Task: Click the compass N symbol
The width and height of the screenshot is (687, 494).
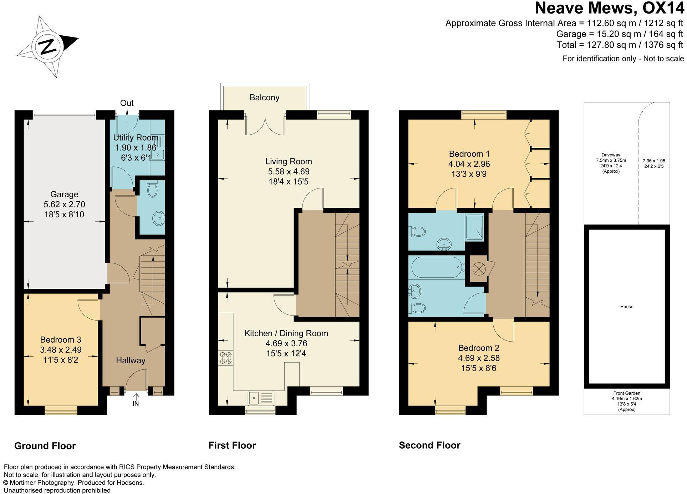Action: (x=47, y=46)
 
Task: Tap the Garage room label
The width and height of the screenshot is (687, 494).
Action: (x=64, y=195)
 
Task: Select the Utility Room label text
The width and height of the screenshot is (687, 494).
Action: (x=136, y=138)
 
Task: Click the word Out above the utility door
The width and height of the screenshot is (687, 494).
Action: (x=127, y=103)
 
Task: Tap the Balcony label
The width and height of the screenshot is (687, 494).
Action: (x=264, y=97)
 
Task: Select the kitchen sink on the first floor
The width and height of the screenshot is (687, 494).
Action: (x=261, y=398)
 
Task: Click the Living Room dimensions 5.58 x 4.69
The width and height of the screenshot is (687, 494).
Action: (x=289, y=172)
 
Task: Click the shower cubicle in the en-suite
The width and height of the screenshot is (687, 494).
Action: (x=474, y=227)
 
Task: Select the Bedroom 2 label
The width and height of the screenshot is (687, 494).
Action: (x=479, y=348)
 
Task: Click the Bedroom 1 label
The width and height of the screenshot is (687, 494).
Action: (x=469, y=154)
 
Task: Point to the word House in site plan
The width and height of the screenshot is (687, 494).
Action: (x=626, y=307)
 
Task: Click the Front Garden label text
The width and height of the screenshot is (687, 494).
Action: (x=626, y=393)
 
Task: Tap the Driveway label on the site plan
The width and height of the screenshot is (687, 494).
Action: (x=611, y=155)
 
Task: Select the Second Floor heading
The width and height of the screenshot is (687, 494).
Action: (x=429, y=445)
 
